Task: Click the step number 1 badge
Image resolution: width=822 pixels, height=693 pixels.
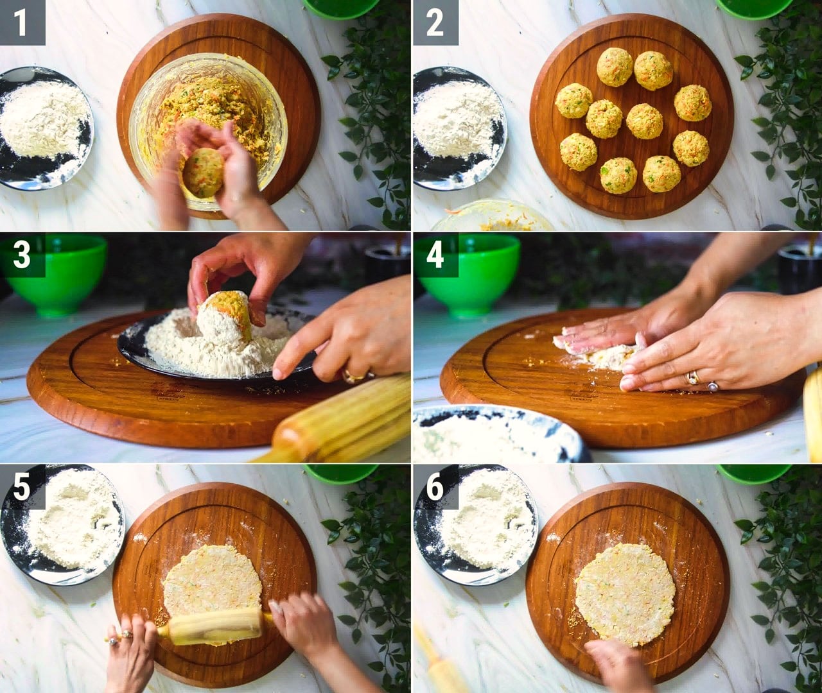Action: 22,22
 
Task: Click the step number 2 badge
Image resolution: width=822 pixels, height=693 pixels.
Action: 436,22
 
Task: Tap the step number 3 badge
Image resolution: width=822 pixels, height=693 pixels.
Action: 22,255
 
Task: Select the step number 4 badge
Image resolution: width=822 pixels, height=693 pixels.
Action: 436,255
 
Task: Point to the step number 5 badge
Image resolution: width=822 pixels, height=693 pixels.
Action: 22,487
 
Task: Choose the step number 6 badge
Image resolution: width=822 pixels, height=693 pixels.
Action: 436,487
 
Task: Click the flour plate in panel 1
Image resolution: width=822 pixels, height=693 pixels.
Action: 44,128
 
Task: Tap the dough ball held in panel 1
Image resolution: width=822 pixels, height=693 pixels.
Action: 203,172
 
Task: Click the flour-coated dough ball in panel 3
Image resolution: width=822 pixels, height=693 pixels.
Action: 224,317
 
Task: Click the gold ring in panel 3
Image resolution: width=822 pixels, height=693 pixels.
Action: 353,375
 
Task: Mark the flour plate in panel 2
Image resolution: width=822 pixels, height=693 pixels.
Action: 460,128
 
